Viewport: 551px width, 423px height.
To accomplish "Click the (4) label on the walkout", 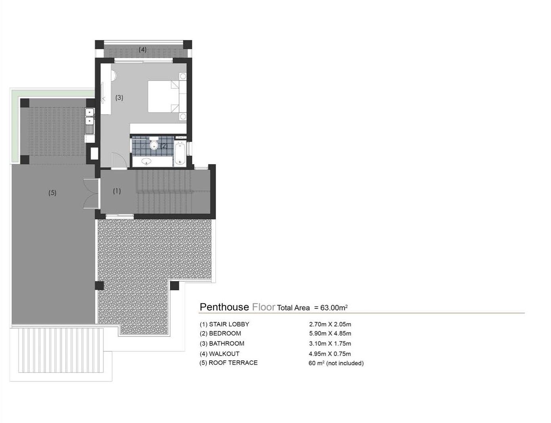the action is [x=143, y=50].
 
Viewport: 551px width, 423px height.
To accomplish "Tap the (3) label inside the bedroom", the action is [x=119, y=98].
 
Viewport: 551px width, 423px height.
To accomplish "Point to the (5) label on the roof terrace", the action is [x=52, y=193].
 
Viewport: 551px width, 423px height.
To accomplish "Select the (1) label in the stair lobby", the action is [x=116, y=191].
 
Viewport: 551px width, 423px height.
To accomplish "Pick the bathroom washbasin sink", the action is [x=146, y=161].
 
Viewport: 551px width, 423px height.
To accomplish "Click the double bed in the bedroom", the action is [x=164, y=96].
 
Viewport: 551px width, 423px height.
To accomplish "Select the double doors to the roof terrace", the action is [x=91, y=193].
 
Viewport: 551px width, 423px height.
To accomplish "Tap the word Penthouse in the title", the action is [x=225, y=307].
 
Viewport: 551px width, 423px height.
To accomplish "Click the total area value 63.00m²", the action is [x=334, y=308].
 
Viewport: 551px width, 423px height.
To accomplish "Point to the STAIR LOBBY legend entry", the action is [x=225, y=324].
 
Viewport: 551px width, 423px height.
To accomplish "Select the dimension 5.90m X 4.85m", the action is [x=330, y=333].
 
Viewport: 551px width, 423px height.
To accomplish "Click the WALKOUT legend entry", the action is [x=219, y=354].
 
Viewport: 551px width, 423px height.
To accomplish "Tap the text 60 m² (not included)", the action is [x=336, y=363].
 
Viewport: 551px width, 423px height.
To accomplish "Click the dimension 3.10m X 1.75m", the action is [x=330, y=344].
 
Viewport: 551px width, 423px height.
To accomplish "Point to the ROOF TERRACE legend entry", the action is [x=229, y=363].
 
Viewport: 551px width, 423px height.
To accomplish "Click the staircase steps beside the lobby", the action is [x=173, y=192].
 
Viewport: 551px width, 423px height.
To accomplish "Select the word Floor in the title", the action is [x=263, y=307].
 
